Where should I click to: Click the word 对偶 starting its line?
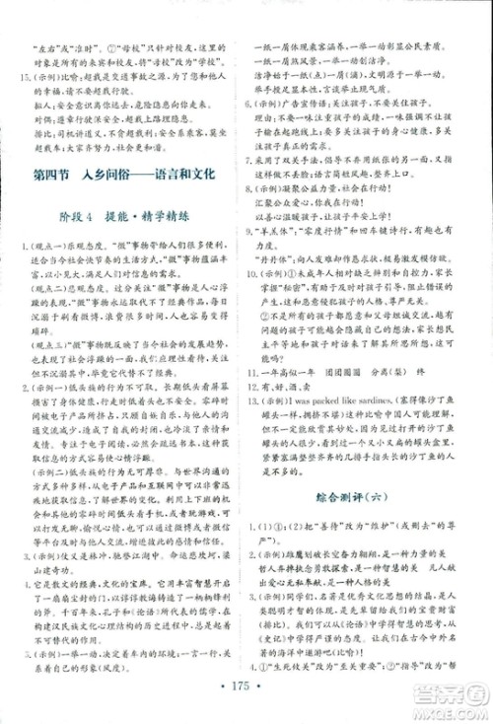(x=38, y=129)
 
